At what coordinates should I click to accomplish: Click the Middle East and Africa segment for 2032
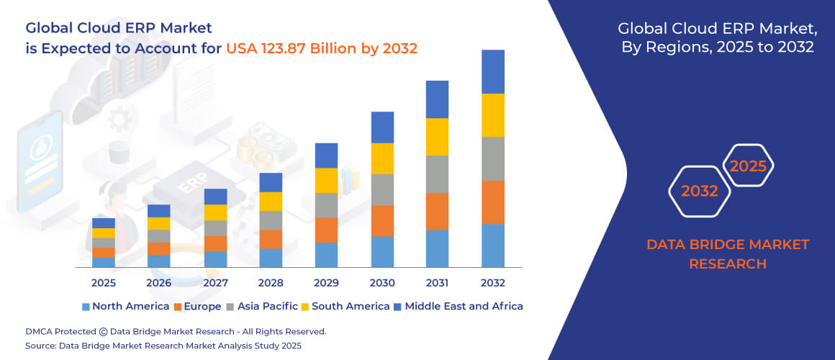tap(492, 71)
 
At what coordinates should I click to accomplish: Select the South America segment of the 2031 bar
tap(437, 137)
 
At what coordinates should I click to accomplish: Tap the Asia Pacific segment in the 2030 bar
tap(382, 189)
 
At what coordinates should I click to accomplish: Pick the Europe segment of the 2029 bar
tap(326, 230)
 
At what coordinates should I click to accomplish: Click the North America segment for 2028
tap(271, 258)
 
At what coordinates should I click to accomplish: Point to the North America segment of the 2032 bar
tap(492, 246)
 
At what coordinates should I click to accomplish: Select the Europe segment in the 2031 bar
tap(437, 211)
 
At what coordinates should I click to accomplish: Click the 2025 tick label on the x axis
tap(104, 283)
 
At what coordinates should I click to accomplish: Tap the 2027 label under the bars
tap(215, 283)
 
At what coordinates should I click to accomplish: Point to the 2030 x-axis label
tap(382, 283)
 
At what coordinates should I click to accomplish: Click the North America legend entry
tap(125, 306)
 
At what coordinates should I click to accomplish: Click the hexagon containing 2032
tap(700, 192)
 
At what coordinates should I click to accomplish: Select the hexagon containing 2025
tap(748, 166)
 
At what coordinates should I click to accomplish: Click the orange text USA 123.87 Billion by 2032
tap(322, 48)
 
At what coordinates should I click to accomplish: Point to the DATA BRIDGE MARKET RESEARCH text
tap(727, 254)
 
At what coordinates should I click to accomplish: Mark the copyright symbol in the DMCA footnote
tap(104, 332)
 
